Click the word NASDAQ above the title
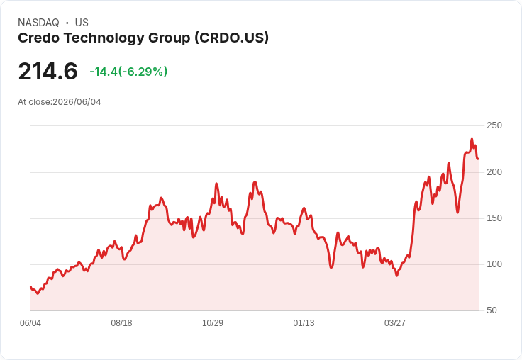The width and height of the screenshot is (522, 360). [38, 23]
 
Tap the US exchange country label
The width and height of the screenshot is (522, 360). [82, 23]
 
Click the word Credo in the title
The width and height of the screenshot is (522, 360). [39, 38]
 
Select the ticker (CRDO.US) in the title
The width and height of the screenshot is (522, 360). [231, 38]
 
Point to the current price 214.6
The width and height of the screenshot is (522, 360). [48, 71]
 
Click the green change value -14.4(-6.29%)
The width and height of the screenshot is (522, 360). [128, 72]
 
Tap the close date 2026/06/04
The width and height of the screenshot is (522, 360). [77, 102]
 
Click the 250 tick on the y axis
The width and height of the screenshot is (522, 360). [494, 125]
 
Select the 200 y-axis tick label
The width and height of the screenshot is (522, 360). [494, 172]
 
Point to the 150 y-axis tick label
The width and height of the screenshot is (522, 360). [494, 218]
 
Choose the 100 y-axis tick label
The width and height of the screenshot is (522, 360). [494, 264]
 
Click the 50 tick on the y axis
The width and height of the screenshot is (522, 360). [492, 310]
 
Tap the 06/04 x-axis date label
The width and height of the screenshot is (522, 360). [30, 323]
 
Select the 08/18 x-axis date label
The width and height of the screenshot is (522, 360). [121, 323]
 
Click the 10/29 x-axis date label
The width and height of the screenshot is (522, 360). [213, 323]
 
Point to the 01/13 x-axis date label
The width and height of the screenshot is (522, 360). [304, 323]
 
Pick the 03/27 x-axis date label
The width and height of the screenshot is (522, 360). [395, 323]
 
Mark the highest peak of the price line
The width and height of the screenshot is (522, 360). [472, 139]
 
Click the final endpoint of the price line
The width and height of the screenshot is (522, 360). [479, 159]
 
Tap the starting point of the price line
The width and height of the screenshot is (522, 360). [30, 287]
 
